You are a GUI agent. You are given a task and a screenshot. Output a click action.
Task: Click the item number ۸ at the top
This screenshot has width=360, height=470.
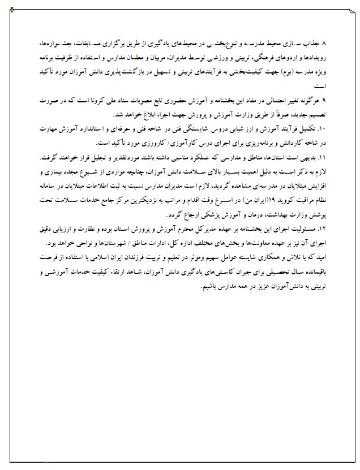323,43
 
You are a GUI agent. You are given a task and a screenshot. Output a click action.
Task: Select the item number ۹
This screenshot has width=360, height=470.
324,98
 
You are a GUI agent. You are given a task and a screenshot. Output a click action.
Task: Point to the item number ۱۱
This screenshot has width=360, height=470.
322,156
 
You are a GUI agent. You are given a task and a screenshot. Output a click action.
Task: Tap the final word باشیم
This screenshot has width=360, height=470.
209,286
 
